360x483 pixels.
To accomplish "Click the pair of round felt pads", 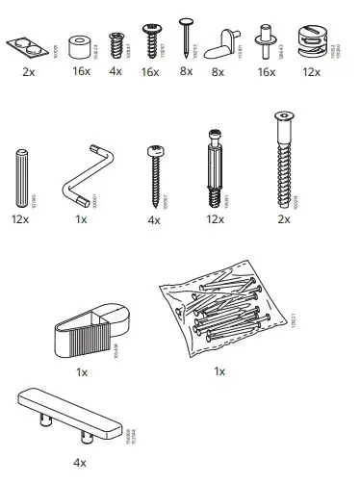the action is click(25, 44).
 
